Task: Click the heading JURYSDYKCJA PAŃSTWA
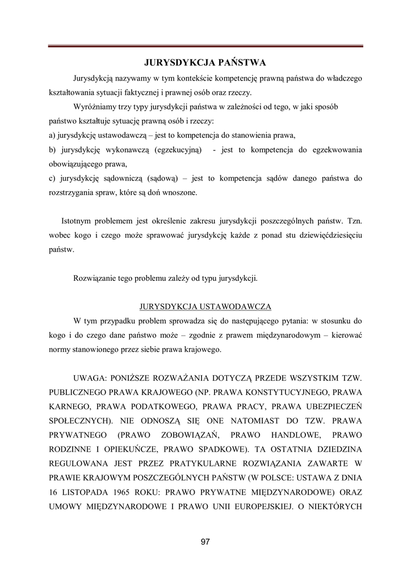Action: click(x=205, y=61)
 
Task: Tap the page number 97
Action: click(x=205, y=542)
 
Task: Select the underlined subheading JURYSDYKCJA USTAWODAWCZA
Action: click(x=205, y=306)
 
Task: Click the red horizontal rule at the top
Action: click(x=205, y=46)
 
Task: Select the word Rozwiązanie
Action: click(x=95, y=278)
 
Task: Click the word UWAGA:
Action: click(x=91, y=377)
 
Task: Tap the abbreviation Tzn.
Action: click(x=354, y=220)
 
